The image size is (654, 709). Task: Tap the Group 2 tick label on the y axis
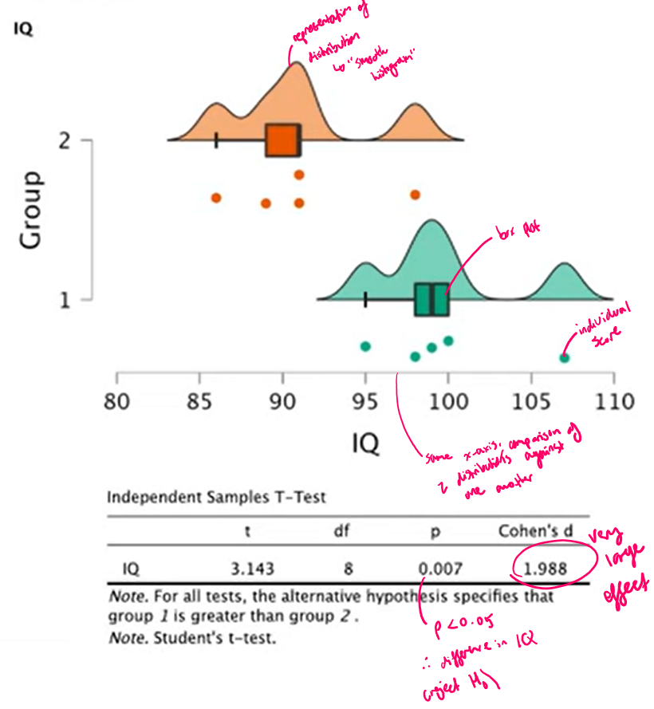[x=63, y=140]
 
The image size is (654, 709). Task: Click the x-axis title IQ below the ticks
[x=365, y=441]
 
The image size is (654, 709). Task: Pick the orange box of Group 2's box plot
[x=283, y=140]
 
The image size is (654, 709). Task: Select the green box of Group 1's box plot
[x=431, y=300]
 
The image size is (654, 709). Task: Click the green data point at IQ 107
[x=564, y=357]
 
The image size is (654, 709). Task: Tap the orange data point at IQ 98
[x=415, y=195]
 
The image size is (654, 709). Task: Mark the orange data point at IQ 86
[x=215, y=198]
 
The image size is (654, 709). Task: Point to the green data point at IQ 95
[x=365, y=346]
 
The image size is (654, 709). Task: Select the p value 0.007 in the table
[x=435, y=569]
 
